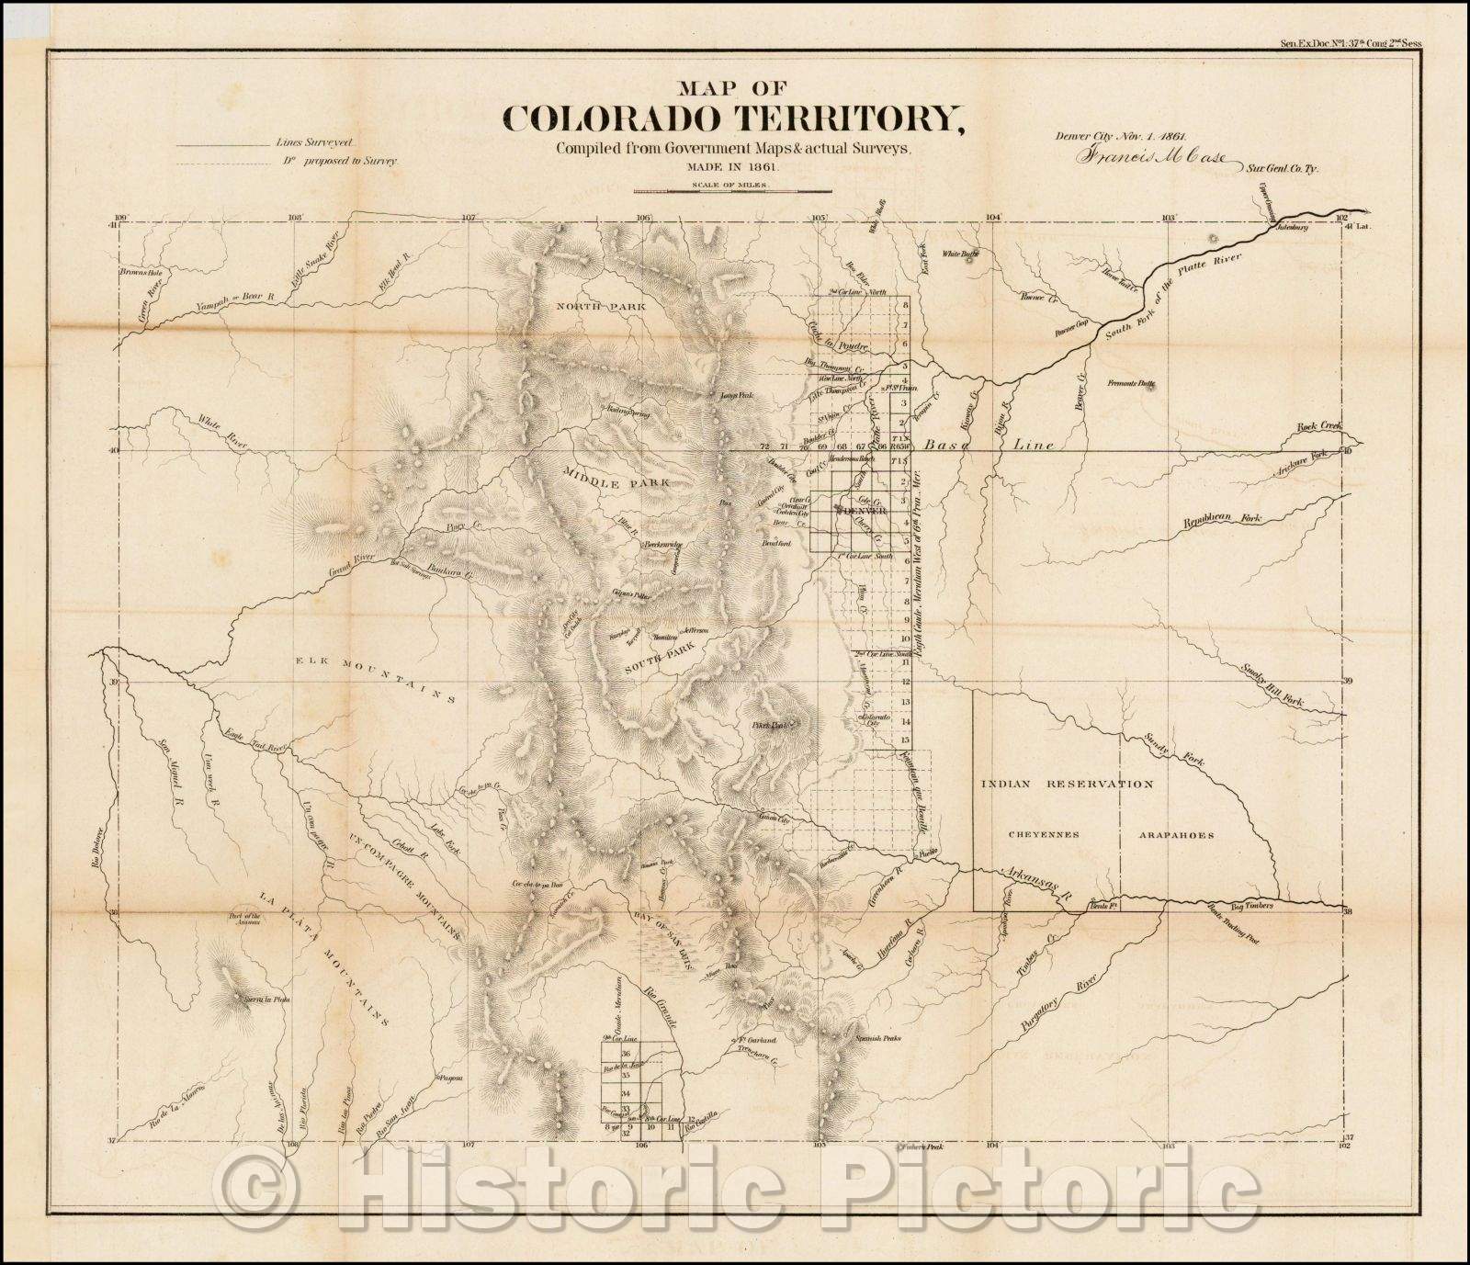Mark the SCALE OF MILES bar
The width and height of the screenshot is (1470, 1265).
click(x=731, y=191)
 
